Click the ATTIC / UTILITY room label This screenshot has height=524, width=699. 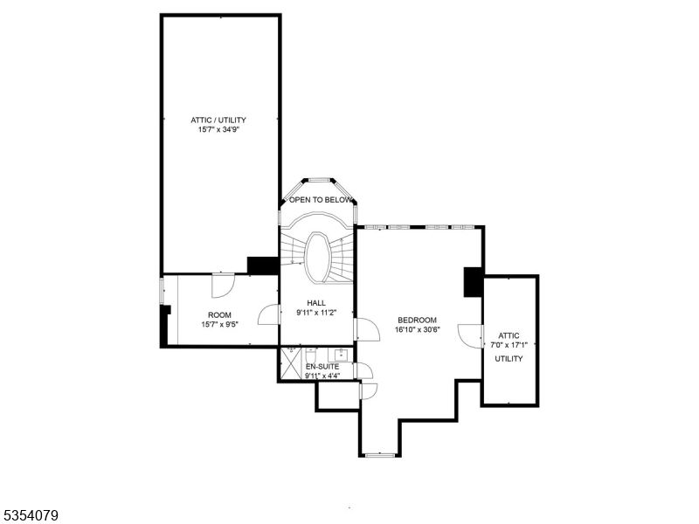[218, 120]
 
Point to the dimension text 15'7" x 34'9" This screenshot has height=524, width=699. [218, 130]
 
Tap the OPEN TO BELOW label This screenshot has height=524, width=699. [321, 200]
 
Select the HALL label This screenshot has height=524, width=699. [315, 303]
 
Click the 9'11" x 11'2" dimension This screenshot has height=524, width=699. [315, 313]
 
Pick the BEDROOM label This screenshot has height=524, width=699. [417, 320]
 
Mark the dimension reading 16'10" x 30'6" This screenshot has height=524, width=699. [417, 329]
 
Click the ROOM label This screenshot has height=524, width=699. [218, 314]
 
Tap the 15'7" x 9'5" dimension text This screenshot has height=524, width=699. [218, 324]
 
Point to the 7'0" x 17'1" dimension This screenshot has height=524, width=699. [509, 344]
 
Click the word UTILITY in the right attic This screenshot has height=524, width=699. [509, 358]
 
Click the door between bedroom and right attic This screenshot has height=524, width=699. [473, 334]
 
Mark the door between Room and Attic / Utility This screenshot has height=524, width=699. [221, 285]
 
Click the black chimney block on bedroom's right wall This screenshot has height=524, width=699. [473, 281]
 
